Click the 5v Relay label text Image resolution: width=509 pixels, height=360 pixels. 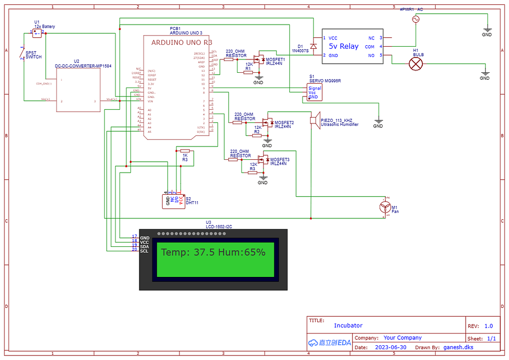pyautogui.click(x=344, y=46)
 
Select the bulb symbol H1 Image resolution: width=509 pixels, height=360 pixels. pyautogui.click(x=417, y=63)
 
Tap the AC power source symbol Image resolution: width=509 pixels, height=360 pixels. pyautogui.click(x=416, y=19)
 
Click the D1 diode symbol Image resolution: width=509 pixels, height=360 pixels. pyautogui.click(x=313, y=46)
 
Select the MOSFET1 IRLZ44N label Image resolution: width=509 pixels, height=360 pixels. pyautogui.click(x=275, y=61)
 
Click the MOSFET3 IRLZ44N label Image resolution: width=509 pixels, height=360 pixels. pyautogui.click(x=279, y=161)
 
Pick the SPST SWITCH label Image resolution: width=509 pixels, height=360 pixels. pyautogui.click(x=33, y=55)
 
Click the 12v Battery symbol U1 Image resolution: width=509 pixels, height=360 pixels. pyautogui.click(x=37, y=33)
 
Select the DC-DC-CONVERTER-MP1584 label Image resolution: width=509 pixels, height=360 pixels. pyautogui.click(x=76, y=65)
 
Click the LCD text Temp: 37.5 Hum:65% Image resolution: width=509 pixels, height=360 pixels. pyautogui.click(x=213, y=252)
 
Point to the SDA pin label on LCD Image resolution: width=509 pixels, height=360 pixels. pyautogui.click(x=145, y=246)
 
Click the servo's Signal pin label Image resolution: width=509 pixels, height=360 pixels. pyautogui.click(x=315, y=89)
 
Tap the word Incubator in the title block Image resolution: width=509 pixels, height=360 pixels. pyautogui.click(x=348, y=326)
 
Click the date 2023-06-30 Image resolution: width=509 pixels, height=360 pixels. pyautogui.click(x=391, y=347)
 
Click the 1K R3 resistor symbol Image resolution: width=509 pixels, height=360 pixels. pyautogui.click(x=185, y=151)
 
